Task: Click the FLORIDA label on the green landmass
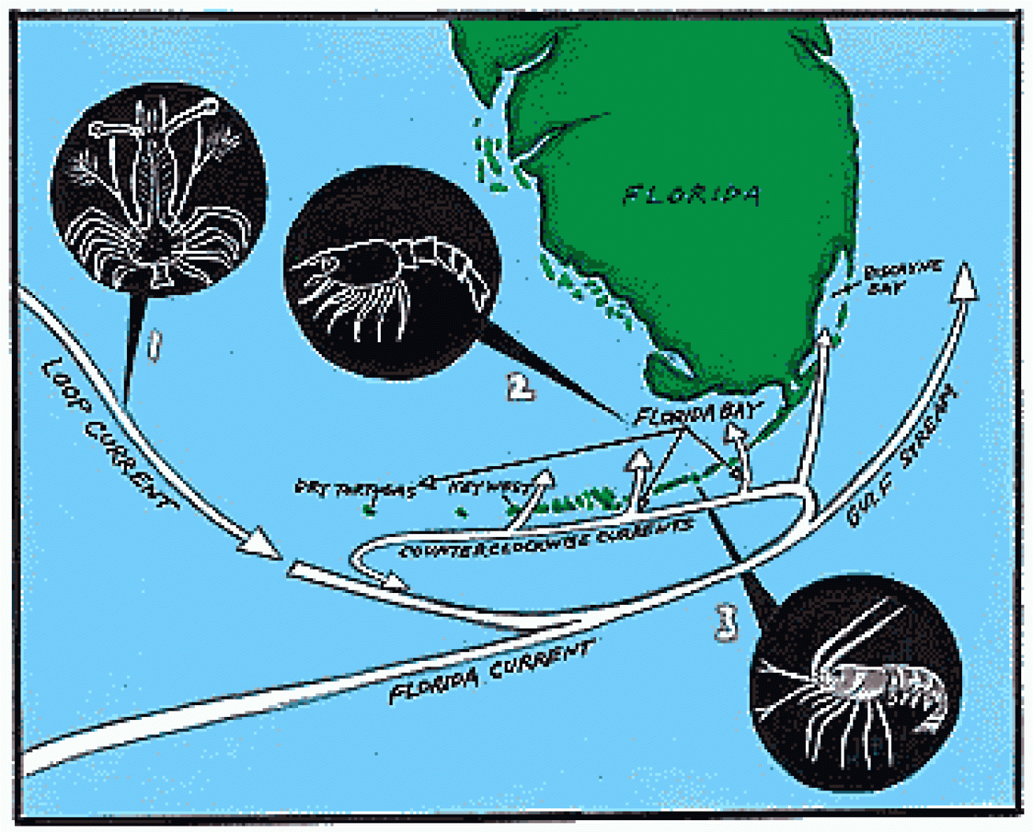(692, 194)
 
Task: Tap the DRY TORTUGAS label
(355, 489)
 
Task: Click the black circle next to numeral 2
(391, 272)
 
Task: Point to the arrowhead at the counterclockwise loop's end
(394, 584)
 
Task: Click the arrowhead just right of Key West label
(542, 478)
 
